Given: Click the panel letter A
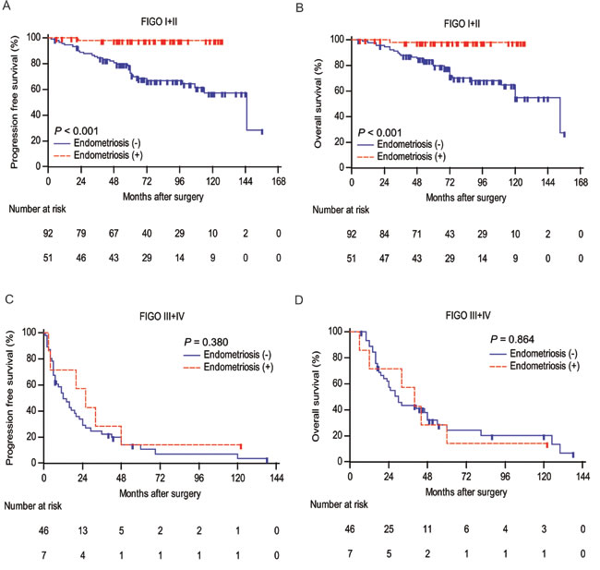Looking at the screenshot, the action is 6,6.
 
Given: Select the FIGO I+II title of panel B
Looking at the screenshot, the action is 462,24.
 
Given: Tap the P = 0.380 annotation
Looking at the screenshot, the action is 206,342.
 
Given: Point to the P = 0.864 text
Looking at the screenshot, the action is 512,339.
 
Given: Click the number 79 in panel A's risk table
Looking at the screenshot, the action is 80,234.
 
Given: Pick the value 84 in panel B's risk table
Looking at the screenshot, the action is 384,234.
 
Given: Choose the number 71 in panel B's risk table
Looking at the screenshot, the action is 416,234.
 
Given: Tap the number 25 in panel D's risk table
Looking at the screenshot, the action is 389,529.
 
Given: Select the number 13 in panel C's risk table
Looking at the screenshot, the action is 83,530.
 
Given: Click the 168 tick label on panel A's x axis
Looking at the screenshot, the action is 279,181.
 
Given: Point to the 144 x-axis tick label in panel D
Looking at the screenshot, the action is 582,477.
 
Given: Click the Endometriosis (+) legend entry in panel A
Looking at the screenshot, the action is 98,155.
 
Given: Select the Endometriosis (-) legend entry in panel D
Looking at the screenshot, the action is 534,353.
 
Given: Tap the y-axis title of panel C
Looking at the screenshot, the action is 10,398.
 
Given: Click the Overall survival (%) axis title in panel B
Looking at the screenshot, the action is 318,103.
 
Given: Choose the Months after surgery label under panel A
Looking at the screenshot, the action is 163,197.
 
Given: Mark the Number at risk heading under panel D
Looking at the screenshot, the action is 339,504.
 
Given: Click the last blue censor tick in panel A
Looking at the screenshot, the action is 262,132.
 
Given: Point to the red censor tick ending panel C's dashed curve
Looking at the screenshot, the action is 241,446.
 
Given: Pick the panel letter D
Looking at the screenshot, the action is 299,300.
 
